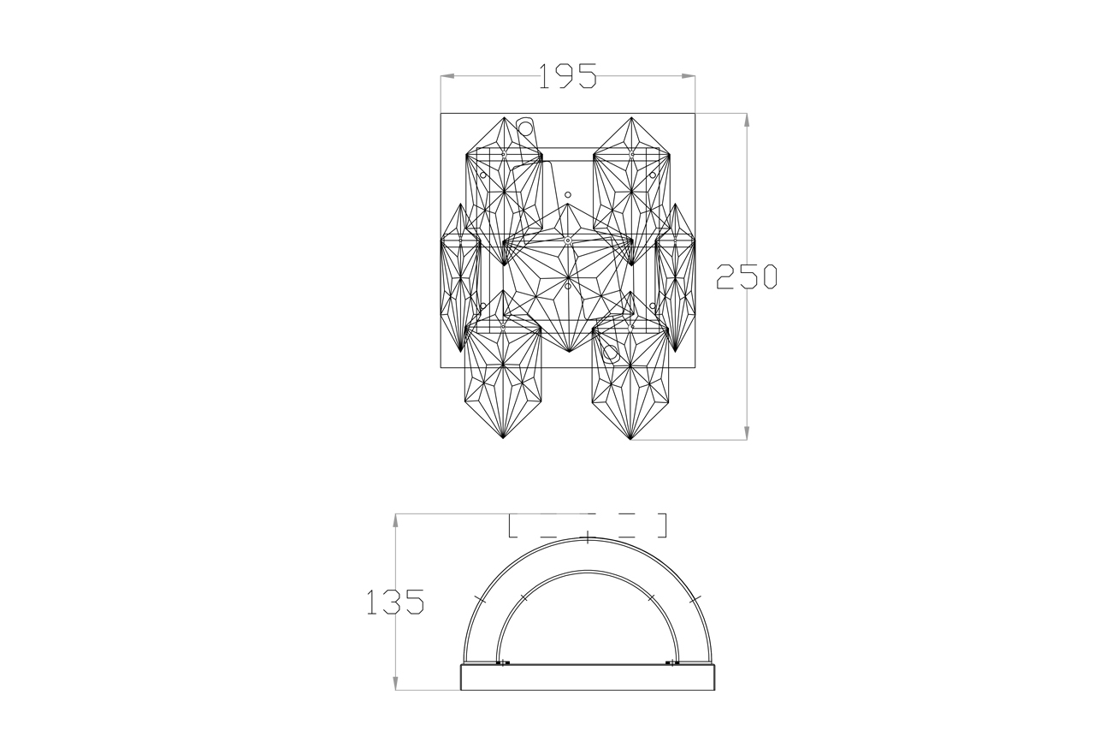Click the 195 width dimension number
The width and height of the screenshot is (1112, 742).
pyautogui.click(x=567, y=77)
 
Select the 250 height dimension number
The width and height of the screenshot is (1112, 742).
pyautogui.click(x=746, y=276)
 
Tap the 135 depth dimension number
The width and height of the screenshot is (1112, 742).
pyautogui.click(x=395, y=603)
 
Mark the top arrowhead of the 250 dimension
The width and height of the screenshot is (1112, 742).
pyautogui.click(x=747, y=119)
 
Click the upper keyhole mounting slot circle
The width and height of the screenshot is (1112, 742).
pyautogui.click(x=526, y=129)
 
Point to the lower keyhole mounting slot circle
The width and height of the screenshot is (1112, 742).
pyautogui.click(x=609, y=351)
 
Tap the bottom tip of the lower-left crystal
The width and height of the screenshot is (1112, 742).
pyautogui.click(x=503, y=440)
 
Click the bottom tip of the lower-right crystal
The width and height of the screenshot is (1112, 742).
pyautogui.click(x=630, y=440)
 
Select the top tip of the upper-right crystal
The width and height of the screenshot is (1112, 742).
pyautogui.click(x=631, y=118)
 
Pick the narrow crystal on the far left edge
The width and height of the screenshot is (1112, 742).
pyautogui.click(x=459, y=278)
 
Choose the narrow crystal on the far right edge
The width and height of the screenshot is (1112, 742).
pyautogui.click(x=675, y=278)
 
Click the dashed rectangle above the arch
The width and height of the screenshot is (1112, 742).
pyautogui.click(x=588, y=525)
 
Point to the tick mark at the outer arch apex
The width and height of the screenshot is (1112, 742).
pyautogui.click(x=588, y=538)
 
